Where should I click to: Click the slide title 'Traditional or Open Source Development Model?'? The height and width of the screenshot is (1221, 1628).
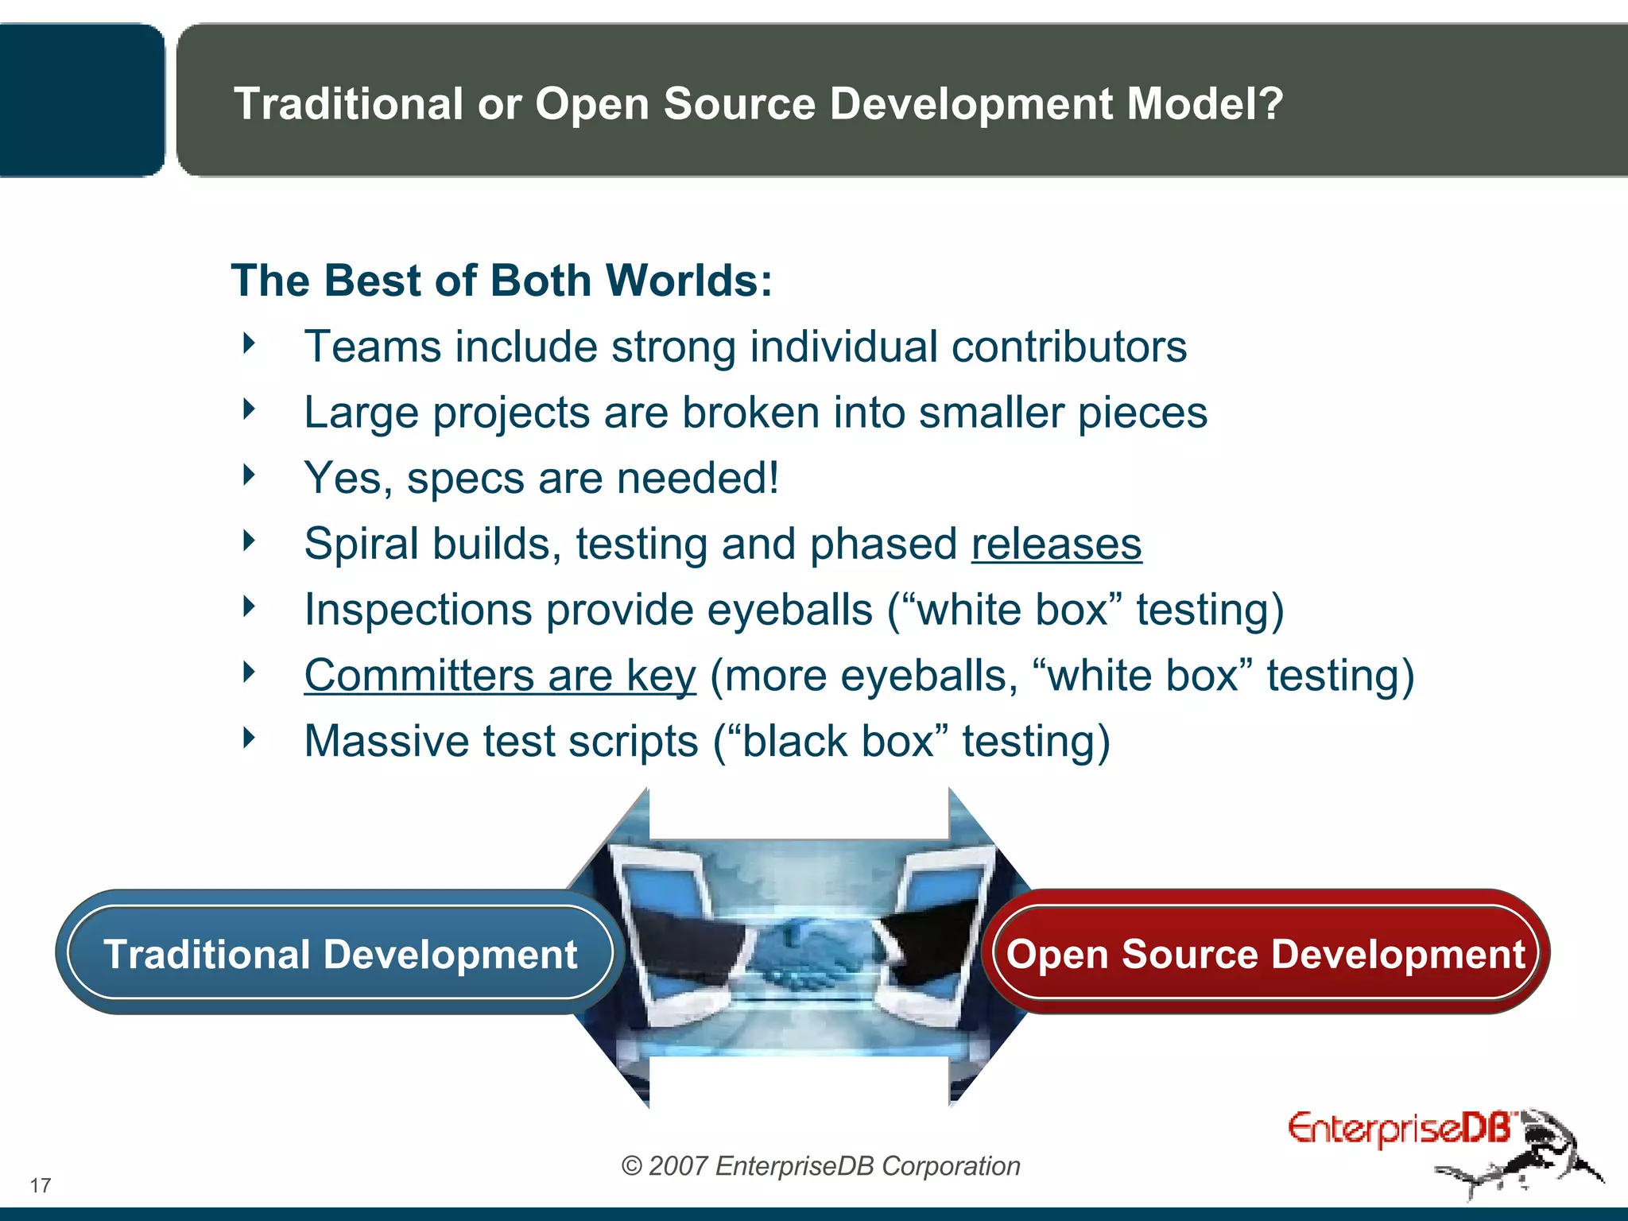coord(758,104)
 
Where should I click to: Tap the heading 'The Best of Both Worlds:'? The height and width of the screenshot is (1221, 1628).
coord(502,281)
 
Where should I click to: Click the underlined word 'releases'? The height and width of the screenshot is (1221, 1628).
coord(1056,545)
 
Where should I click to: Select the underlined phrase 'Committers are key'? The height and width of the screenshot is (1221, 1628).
coord(500,676)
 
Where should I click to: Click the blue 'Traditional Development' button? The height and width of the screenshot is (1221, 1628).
coord(340,953)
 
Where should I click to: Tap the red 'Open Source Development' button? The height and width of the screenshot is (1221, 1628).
coord(1265,953)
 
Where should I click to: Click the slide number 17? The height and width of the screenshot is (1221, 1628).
coord(41,1185)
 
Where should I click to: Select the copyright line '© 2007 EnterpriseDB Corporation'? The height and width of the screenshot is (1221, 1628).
coord(820,1165)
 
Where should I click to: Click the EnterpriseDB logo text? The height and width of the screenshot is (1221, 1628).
coord(1398,1129)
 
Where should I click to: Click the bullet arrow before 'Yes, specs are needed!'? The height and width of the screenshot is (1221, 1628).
coord(250,475)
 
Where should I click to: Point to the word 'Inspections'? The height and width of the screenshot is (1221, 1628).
coord(418,610)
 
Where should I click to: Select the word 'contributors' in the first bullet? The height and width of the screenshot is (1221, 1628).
coord(1068,347)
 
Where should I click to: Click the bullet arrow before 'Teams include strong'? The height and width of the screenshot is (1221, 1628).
coord(250,344)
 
